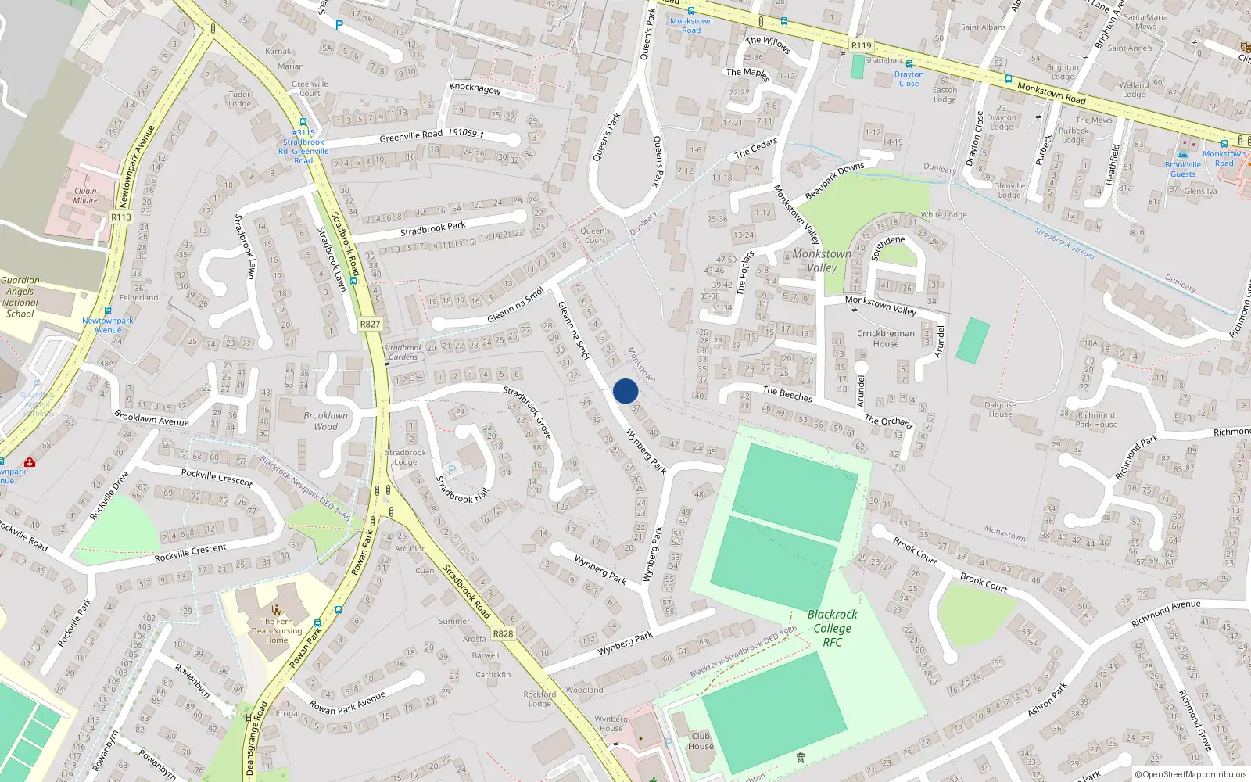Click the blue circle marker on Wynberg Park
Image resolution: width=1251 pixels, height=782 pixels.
(x=625, y=391)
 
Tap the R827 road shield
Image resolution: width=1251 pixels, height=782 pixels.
(x=370, y=324)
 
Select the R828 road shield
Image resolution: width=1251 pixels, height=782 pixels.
(x=503, y=633)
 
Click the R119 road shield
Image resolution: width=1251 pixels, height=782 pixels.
(x=861, y=45)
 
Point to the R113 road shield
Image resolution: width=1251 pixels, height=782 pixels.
(x=121, y=217)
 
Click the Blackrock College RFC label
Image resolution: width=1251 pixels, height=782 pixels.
(x=832, y=628)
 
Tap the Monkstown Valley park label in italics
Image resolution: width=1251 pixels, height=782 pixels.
(x=822, y=260)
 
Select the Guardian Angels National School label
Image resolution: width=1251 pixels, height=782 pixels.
(x=20, y=296)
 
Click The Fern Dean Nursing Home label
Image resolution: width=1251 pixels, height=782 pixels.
(x=277, y=630)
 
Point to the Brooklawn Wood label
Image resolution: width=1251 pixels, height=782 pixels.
(x=325, y=421)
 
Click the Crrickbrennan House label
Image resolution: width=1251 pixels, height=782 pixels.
(x=886, y=339)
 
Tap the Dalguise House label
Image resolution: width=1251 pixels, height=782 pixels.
(x=1000, y=409)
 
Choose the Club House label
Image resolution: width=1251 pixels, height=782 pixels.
(x=701, y=741)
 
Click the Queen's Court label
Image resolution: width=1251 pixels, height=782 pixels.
(x=595, y=235)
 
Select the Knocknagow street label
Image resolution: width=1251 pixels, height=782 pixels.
(x=475, y=88)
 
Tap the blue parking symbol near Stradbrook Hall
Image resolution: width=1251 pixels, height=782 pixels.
(x=451, y=470)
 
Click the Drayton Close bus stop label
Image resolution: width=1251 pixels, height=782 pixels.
(x=909, y=79)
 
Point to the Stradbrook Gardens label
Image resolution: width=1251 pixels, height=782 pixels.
(x=403, y=352)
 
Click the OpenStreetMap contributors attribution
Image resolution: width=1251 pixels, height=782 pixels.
(x=1191, y=775)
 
